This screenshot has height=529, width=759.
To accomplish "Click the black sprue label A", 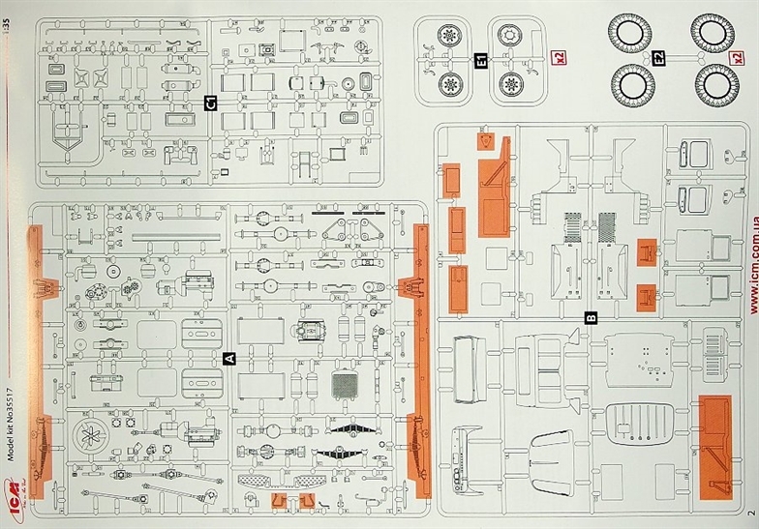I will click(229, 358).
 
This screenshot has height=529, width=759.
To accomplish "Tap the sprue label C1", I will click(210, 102).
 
